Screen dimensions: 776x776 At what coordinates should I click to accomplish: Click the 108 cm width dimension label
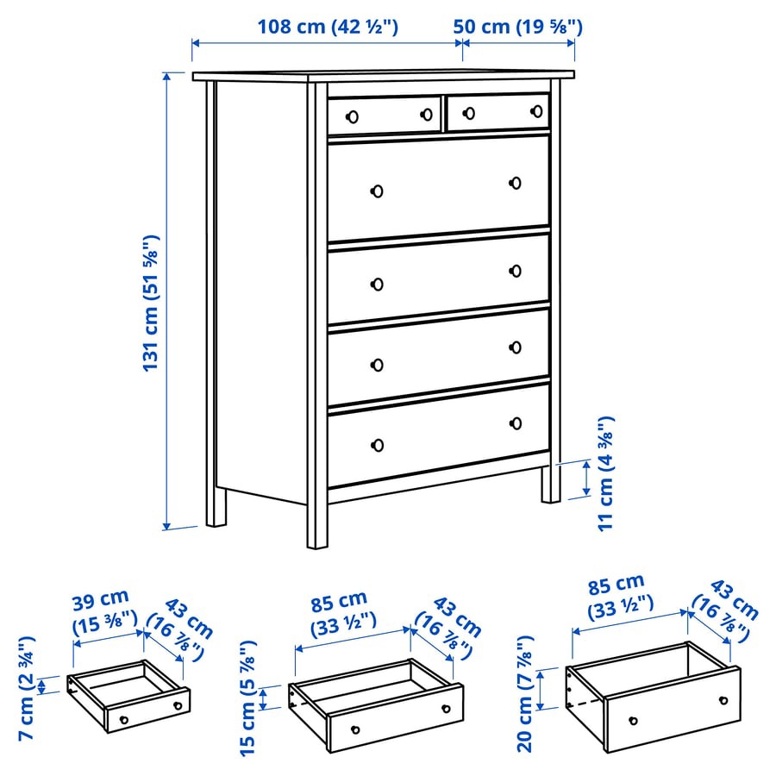(328, 27)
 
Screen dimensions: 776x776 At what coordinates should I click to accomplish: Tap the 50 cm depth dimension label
(518, 27)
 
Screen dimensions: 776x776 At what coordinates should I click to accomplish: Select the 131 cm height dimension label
(152, 303)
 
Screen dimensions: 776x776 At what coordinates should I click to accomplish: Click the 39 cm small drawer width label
(102, 607)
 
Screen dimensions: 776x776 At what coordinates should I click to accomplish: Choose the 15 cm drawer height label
(248, 698)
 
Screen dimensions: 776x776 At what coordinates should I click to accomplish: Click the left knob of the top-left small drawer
(351, 117)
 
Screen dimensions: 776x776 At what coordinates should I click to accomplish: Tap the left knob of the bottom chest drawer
(377, 445)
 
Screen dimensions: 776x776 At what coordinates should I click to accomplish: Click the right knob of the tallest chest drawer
(516, 182)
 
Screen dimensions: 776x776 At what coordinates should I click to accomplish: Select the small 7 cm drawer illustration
(129, 696)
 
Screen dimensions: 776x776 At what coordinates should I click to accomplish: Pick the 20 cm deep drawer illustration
(653, 697)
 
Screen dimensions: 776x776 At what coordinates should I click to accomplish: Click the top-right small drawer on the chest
(498, 112)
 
